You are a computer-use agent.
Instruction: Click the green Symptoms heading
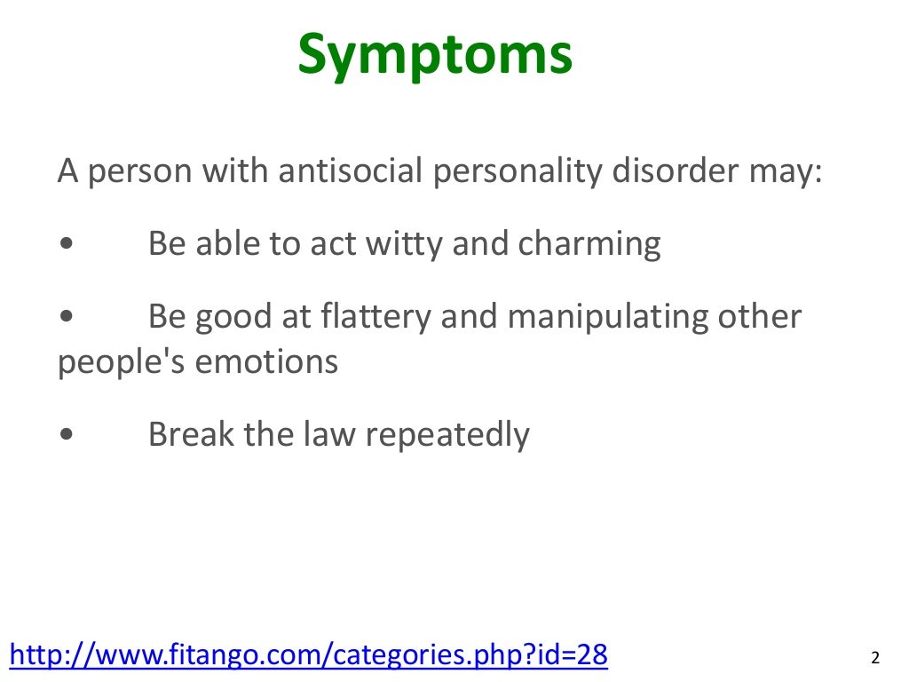pos(435,55)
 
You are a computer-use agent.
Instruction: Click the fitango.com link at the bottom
pos(308,655)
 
